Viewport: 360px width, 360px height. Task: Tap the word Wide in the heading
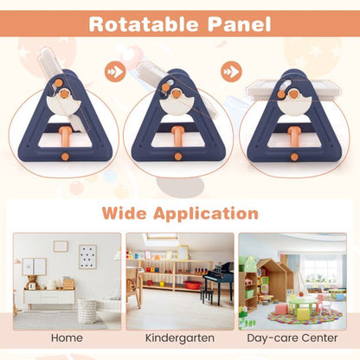pos(127,212)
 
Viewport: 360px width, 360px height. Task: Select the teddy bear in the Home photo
pos(32,282)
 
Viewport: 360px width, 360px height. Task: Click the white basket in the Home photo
pos(87,309)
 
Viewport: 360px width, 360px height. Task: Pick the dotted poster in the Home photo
pos(87,256)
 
